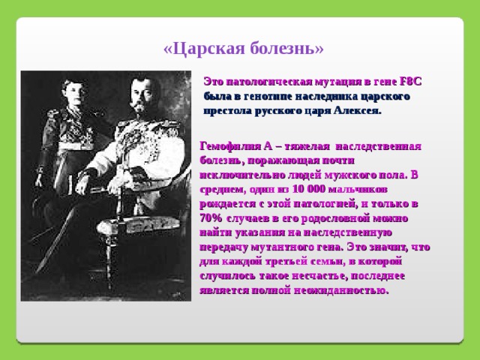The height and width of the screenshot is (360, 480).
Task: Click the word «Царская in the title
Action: point(205,49)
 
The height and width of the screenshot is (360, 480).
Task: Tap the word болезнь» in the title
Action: point(286,48)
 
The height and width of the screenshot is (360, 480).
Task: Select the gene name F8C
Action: point(411,82)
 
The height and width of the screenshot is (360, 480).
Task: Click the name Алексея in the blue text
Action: point(358,110)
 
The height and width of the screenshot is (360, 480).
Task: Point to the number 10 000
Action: point(308,189)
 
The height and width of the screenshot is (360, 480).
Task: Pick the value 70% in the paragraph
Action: point(211,218)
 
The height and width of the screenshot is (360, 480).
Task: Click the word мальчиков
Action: point(358,190)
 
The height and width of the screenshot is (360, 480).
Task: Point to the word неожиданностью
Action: point(341,290)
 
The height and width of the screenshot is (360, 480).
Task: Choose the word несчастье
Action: point(319,276)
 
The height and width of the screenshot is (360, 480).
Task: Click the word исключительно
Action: point(242,175)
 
